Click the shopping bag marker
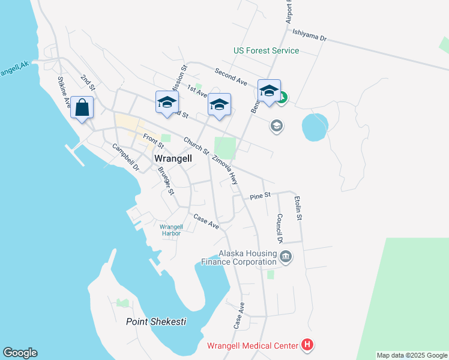click(x=82, y=108)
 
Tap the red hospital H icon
click(x=307, y=345)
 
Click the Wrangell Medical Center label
click(x=252, y=346)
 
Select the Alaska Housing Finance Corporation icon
click(x=286, y=257)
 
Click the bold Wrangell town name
click(x=173, y=158)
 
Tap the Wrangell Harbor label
click(x=170, y=230)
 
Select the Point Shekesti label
click(x=156, y=322)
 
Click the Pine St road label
click(x=261, y=195)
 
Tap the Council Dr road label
click(x=279, y=228)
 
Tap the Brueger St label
click(x=166, y=180)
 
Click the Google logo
click(x=20, y=353)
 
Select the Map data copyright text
click(x=412, y=355)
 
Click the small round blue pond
click(x=315, y=127)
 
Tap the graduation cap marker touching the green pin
click(x=269, y=92)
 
